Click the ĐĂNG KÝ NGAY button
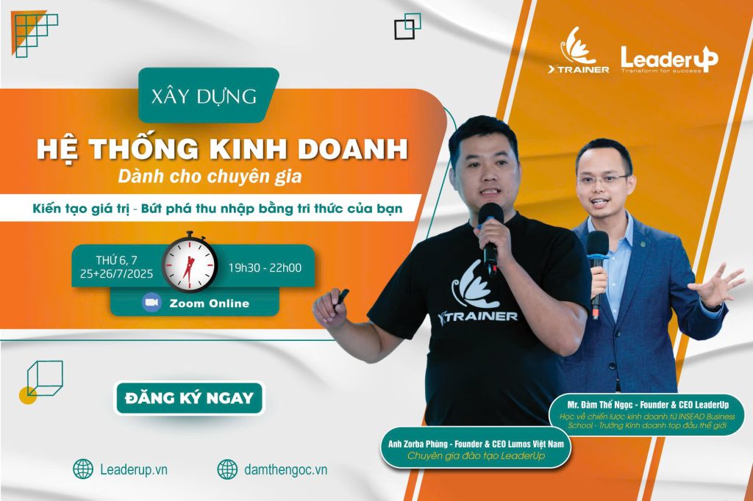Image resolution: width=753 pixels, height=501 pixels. point(189,398)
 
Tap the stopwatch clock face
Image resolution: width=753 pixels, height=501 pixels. point(190,265)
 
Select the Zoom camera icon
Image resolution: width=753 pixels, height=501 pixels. point(151,303)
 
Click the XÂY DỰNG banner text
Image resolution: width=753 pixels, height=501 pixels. point(204,96)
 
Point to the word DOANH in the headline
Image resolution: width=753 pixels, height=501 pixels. point(352,148)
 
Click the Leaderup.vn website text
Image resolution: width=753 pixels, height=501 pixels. point(134,469)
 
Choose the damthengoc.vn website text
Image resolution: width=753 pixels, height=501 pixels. point(286,469)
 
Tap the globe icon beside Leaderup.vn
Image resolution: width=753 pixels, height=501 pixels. point(83,469)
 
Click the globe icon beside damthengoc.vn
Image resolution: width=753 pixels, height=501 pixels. point(227,469)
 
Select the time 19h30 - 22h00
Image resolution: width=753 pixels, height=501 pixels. point(265,268)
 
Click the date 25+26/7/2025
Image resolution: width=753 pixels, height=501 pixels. point(116,274)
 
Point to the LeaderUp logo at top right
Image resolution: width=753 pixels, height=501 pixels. point(669,60)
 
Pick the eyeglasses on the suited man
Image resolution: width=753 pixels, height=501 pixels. point(602,181)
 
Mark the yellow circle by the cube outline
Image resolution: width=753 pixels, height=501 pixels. point(27,395)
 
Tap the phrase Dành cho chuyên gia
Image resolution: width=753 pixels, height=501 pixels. point(210,176)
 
